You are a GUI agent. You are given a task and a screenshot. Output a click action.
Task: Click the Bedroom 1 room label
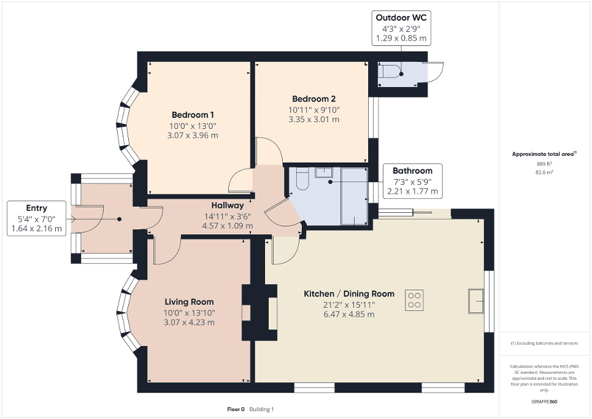pos(193,115)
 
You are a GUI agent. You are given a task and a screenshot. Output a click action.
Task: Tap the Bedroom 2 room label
pos(313,99)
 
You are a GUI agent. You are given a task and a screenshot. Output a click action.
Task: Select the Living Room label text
pos(189,302)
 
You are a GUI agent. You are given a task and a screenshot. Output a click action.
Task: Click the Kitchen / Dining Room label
pos(349,294)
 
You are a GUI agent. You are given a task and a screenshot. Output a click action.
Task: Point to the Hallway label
pos(228,206)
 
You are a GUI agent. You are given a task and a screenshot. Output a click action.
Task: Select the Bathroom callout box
pos(412,181)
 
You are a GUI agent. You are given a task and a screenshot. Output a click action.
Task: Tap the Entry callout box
pos(37,218)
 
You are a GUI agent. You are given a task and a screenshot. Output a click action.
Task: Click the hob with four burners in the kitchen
pos(414,299)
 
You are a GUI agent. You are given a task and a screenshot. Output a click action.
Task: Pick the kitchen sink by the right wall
pos(476,300)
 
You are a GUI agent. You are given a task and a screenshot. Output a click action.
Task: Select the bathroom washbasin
pos(323,172)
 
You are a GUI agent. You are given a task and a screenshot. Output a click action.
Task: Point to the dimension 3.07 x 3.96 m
pos(193,136)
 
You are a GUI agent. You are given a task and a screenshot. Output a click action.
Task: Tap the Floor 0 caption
pos(236,409)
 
